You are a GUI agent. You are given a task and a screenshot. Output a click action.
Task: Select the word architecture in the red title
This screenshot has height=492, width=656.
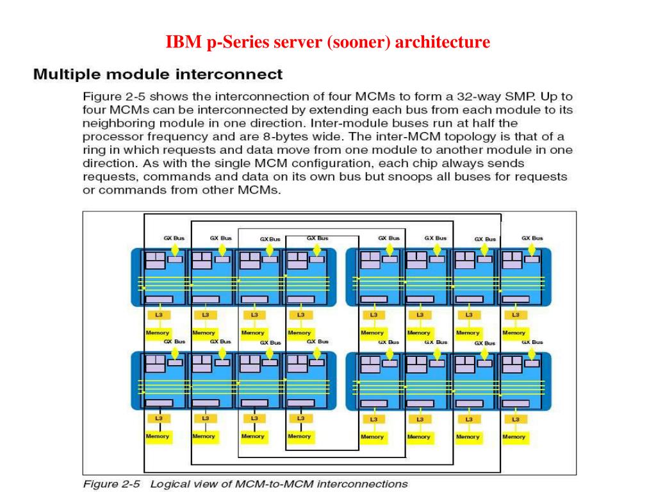pos(443,43)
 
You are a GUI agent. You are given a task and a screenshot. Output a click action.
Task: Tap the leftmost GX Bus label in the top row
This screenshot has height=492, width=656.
pos(174,238)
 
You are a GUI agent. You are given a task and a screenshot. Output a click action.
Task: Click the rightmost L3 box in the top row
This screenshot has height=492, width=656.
pos(515,315)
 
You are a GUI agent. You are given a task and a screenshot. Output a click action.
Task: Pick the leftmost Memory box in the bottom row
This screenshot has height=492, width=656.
pos(158,436)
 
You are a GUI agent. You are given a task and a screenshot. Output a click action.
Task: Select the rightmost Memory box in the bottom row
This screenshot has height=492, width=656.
pos(514,436)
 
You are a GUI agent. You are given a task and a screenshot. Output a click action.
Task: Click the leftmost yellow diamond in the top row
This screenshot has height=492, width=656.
pos(175,249)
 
